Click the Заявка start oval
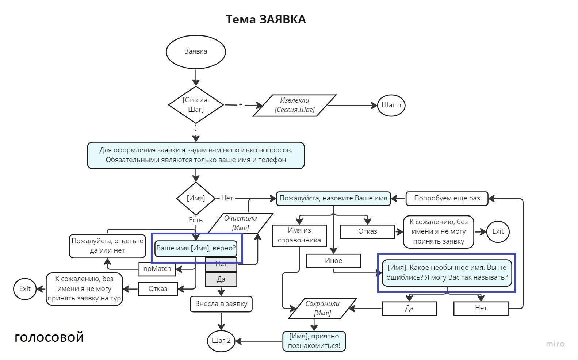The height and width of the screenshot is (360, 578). [196, 52]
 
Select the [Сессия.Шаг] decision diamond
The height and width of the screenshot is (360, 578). [196, 105]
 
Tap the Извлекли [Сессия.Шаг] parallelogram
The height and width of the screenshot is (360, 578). [294, 105]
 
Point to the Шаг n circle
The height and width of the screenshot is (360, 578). [391, 105]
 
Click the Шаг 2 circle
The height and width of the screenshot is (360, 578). [221, 341]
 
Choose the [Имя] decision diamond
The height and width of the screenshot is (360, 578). [196, 198]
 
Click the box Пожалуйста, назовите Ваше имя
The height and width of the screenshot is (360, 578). [333, 198]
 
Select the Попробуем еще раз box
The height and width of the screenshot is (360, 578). [447, 198]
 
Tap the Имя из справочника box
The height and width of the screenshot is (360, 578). [299, 235]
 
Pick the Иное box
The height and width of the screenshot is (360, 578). [333, 261]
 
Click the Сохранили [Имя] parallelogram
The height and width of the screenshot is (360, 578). [322, 308]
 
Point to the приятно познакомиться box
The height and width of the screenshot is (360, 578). [314, 341]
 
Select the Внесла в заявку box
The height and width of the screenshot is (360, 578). [221, 304]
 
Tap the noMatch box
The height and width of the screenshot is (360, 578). [157, 269]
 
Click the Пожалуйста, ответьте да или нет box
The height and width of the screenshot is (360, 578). [107, 246]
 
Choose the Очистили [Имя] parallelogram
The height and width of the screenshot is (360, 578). [241, 223]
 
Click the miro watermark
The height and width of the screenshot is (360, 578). [555, 344]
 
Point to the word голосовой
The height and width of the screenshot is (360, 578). [49, 337]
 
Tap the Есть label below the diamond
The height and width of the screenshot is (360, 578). [196, 220]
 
